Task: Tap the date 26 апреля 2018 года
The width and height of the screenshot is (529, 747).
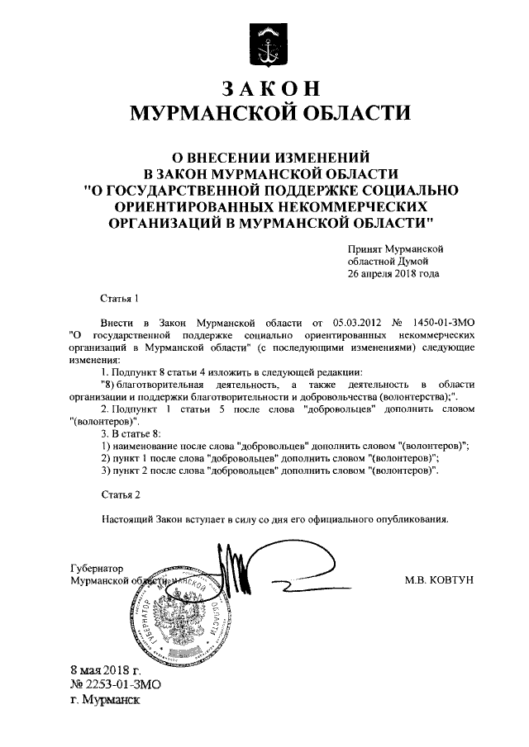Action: pyautogui.click(x=393, y=273)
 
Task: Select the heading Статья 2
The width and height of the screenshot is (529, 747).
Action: pyautogui.click(x=121, y=494)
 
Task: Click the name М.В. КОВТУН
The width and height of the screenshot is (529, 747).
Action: pyautogui.click(x=439, y=580)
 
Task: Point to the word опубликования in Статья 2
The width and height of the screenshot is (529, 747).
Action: pyautogui.click(x=409, y=520)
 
